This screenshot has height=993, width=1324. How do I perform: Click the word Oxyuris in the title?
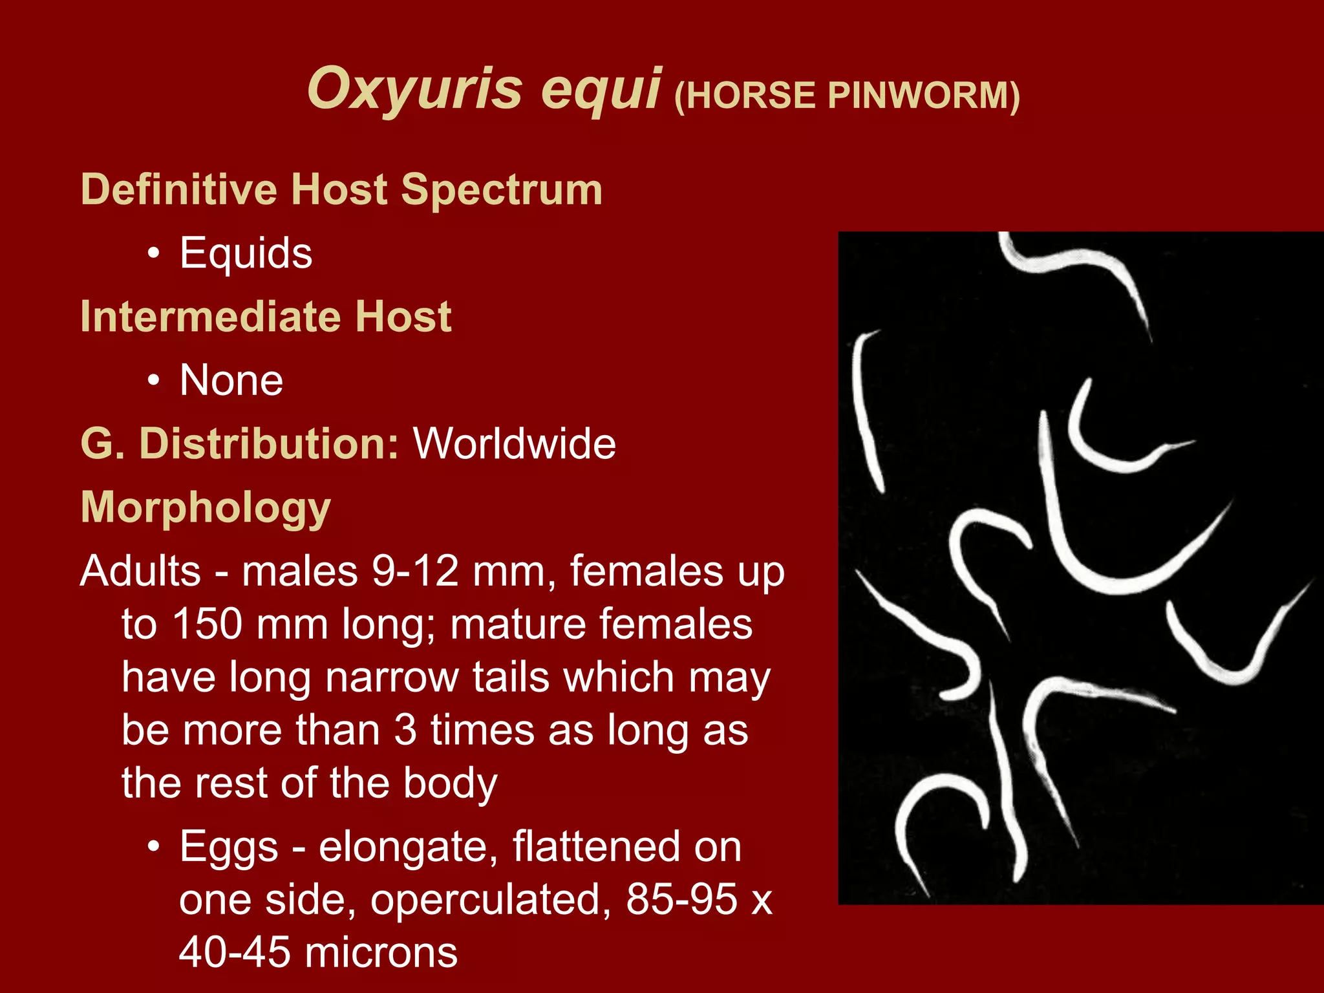point(414,89)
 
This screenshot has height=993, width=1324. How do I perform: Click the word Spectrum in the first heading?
point(502,190)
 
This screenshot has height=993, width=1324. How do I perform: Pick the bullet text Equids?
point(246,253)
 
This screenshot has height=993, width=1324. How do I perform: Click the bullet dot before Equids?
point(153,254)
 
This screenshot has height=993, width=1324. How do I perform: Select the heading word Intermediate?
point(206,317)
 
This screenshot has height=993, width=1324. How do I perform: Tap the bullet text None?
point(231,380)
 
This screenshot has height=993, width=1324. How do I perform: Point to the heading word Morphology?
point(206,508)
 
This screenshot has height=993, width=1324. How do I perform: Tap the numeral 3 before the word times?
point(405,730)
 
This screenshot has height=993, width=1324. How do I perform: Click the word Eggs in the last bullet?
point(229,847)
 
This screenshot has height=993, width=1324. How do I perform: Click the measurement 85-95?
point(681,899)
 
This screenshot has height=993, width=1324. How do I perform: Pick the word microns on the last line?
point(381,953)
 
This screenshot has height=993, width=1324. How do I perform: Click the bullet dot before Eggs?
point(153,847)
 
